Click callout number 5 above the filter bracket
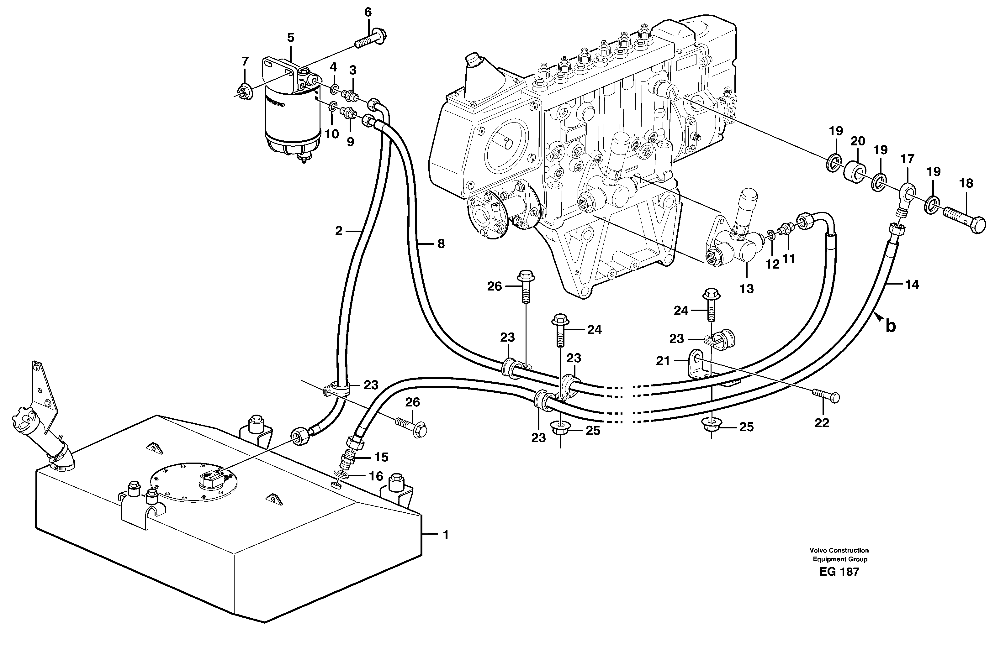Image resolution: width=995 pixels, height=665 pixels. click(290, 38)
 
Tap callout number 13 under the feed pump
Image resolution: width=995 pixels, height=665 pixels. click(746, 289)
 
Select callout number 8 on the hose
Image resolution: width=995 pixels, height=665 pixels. click(441, 243)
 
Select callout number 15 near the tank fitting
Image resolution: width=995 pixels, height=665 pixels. click(381, 457)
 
